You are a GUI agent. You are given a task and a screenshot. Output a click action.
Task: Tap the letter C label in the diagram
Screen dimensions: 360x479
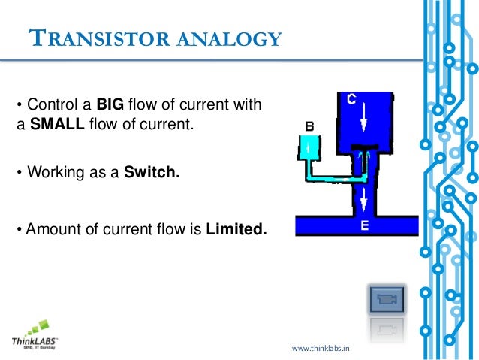pos(350,98)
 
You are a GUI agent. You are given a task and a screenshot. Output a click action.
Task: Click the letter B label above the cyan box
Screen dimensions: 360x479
pos(308,125)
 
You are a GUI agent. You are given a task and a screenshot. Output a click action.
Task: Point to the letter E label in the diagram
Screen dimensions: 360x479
pos(363,225)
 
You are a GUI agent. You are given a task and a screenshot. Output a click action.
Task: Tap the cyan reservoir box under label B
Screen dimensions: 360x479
pos(308,147)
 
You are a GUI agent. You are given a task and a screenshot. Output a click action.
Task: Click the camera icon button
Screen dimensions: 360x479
pos(387,300)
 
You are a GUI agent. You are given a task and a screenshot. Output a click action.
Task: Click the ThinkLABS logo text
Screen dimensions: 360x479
pos(35,340)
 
